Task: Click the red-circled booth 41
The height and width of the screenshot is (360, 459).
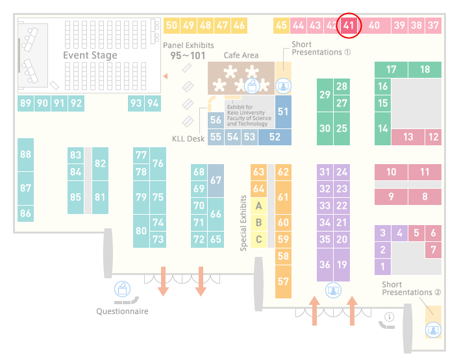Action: click(x=349, y=25)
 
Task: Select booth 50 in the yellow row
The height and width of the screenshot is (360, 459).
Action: click(x=171, y=25)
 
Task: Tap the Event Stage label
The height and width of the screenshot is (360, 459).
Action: click(x=90, y=55)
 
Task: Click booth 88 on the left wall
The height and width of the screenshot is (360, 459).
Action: click(x=25, y=154)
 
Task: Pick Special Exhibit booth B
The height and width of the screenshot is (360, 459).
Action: click(x=258, y=222)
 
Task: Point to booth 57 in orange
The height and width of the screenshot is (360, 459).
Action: click(x=283, y=282)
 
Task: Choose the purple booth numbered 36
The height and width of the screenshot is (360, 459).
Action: click(x=325, y=265)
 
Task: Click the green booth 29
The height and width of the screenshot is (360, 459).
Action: click(x=325, y=95)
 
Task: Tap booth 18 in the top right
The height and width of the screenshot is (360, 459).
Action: click(x=425, y=69)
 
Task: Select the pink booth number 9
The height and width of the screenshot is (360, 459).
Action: click(x=391, y=197)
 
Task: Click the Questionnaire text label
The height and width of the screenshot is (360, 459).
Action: click(x=122, y=311)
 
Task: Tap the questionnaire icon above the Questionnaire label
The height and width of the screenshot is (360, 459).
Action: click(x=122, y=289)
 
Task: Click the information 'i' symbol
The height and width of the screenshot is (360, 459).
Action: click(x=390, y=317)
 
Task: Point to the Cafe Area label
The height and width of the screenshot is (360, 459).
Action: click(x=241, y=55)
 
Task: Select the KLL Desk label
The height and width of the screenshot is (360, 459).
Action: click(x=188, y=139)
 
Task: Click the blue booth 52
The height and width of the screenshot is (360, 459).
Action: click(x=275, y=137)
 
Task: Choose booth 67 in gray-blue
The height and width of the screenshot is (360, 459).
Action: click(x=216, y=180)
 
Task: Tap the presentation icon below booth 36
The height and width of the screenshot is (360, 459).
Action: click(x=333, y=290)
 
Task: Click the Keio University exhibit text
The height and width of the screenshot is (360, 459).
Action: click(x=249, y=115)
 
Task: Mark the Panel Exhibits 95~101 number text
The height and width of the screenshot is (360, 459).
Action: click(x=188, y=56)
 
